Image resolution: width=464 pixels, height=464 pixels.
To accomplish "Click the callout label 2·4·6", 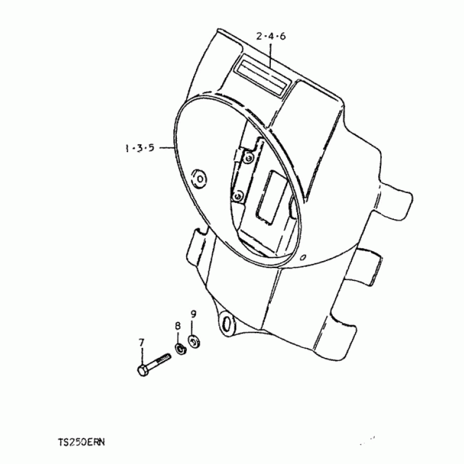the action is tap(271, 37).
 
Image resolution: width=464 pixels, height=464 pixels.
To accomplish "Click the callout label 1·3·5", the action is tap(140, 148).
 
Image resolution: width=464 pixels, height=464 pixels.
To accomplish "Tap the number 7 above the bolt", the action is tap(142, 343).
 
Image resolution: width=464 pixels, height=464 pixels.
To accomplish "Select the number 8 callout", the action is tap(177, 326).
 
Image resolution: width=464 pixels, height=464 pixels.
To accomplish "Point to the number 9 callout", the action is tap(193, 314).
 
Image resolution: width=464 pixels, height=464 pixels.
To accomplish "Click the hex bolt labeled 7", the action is tap(154, 365).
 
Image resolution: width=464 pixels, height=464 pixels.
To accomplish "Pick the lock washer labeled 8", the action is tap(180, 349).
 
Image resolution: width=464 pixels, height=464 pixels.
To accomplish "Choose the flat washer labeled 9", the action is tap(194, 342).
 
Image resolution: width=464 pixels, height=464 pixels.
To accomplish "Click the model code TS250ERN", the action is tap(81, 442).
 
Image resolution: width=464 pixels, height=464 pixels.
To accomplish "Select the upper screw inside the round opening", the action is tap(249, 159).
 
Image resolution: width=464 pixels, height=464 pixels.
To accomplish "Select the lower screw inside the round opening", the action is tap(238, 196).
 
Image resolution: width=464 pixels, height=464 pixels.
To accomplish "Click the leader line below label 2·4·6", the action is tap(270, 55).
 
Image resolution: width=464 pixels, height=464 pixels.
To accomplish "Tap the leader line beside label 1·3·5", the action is tap(166, 147).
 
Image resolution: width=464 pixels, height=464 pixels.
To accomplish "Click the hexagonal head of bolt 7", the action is tap(143, 371).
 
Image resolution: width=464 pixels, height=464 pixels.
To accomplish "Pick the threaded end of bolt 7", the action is tap(164, 358).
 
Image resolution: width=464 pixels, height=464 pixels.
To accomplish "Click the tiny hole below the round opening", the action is tap(302, 257).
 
